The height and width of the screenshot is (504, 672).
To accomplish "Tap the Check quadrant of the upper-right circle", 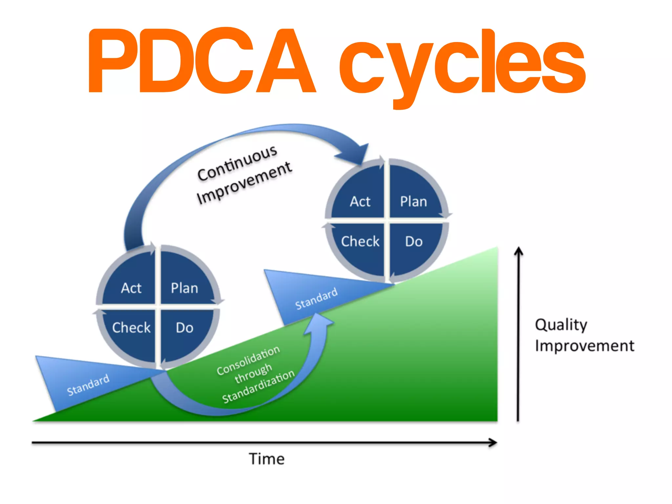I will tap(360, 241).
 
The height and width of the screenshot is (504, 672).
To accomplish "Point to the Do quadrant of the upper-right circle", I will tap(413, 241).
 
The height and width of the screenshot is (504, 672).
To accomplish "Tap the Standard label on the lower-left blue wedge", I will tap(88, 385).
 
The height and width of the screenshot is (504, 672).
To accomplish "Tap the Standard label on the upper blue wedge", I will tap(316, 298).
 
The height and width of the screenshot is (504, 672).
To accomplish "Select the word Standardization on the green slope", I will tap(258, 386).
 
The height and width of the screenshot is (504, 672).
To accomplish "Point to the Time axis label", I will tap(266, 459).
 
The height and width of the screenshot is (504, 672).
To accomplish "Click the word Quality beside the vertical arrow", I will tap(561, 325).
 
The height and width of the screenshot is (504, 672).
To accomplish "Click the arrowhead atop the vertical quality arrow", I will tap(518, 251).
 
